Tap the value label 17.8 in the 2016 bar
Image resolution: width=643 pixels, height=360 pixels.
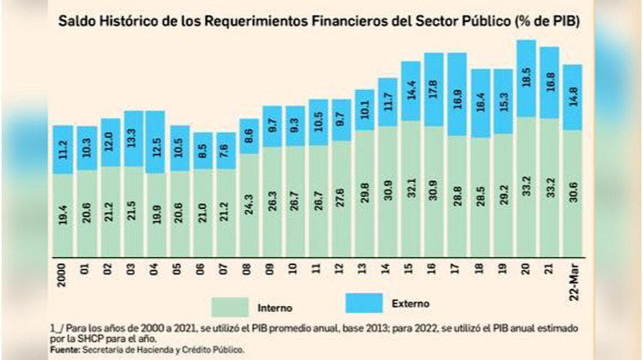434,90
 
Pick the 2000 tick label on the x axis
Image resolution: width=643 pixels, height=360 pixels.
63,275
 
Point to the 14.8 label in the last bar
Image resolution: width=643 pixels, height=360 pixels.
574,98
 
